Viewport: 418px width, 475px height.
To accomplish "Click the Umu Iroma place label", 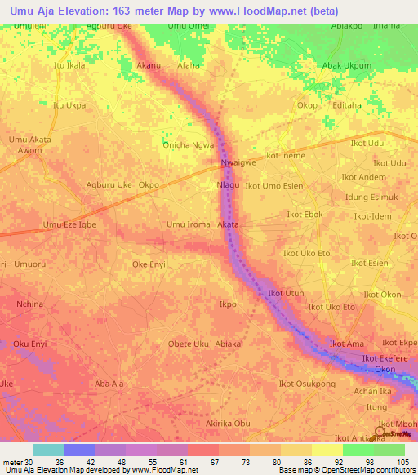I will click(189, 224).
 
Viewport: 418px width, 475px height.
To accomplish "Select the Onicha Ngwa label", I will click(189, 145).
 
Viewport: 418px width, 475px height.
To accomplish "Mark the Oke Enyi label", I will click(149, 264).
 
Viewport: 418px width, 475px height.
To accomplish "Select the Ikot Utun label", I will click(286, 292).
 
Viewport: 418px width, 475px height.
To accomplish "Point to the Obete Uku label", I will click(188, 344).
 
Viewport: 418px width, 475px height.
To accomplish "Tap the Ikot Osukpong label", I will click(307, 384).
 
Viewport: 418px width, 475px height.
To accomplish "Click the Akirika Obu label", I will click(228, 424).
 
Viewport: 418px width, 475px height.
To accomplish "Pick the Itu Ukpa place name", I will click(69, 105).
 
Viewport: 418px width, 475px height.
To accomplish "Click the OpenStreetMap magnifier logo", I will click(380, 432).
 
